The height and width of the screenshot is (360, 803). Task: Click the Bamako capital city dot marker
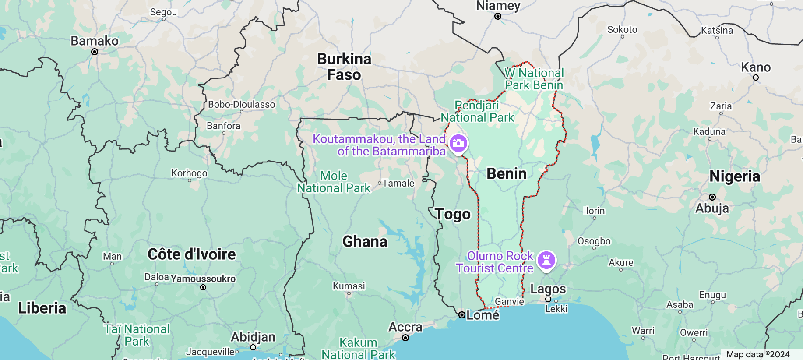point(95,52)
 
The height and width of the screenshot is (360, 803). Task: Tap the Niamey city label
point(498,6)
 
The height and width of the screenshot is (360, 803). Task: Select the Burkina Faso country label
point(344,67)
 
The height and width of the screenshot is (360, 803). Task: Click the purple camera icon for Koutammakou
point(458,143)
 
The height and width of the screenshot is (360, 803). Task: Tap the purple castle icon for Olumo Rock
point(546,260)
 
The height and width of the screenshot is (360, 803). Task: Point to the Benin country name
point(507,174)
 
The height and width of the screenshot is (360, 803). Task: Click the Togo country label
point(453,214)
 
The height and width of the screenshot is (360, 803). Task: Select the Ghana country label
point(365,241)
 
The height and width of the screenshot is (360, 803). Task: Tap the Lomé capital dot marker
point(461,315)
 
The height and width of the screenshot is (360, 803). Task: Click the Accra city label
point(405,327)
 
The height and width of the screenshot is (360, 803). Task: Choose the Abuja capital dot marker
point(712,197)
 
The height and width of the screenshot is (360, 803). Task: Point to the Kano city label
point(756,67)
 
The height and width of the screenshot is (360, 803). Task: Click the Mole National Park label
point(334,182)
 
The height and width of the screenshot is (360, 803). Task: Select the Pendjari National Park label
point(477,111)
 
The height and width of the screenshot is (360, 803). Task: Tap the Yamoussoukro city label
point(203,279)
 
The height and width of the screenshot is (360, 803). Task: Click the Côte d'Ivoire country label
point(192,254)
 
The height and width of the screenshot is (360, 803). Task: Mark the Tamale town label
point(398,183)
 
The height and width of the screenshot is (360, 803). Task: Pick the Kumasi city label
point(349,286)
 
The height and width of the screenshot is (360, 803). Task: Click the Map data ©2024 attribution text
point(757,354)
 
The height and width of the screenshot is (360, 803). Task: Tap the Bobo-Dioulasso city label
point(241,104)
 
